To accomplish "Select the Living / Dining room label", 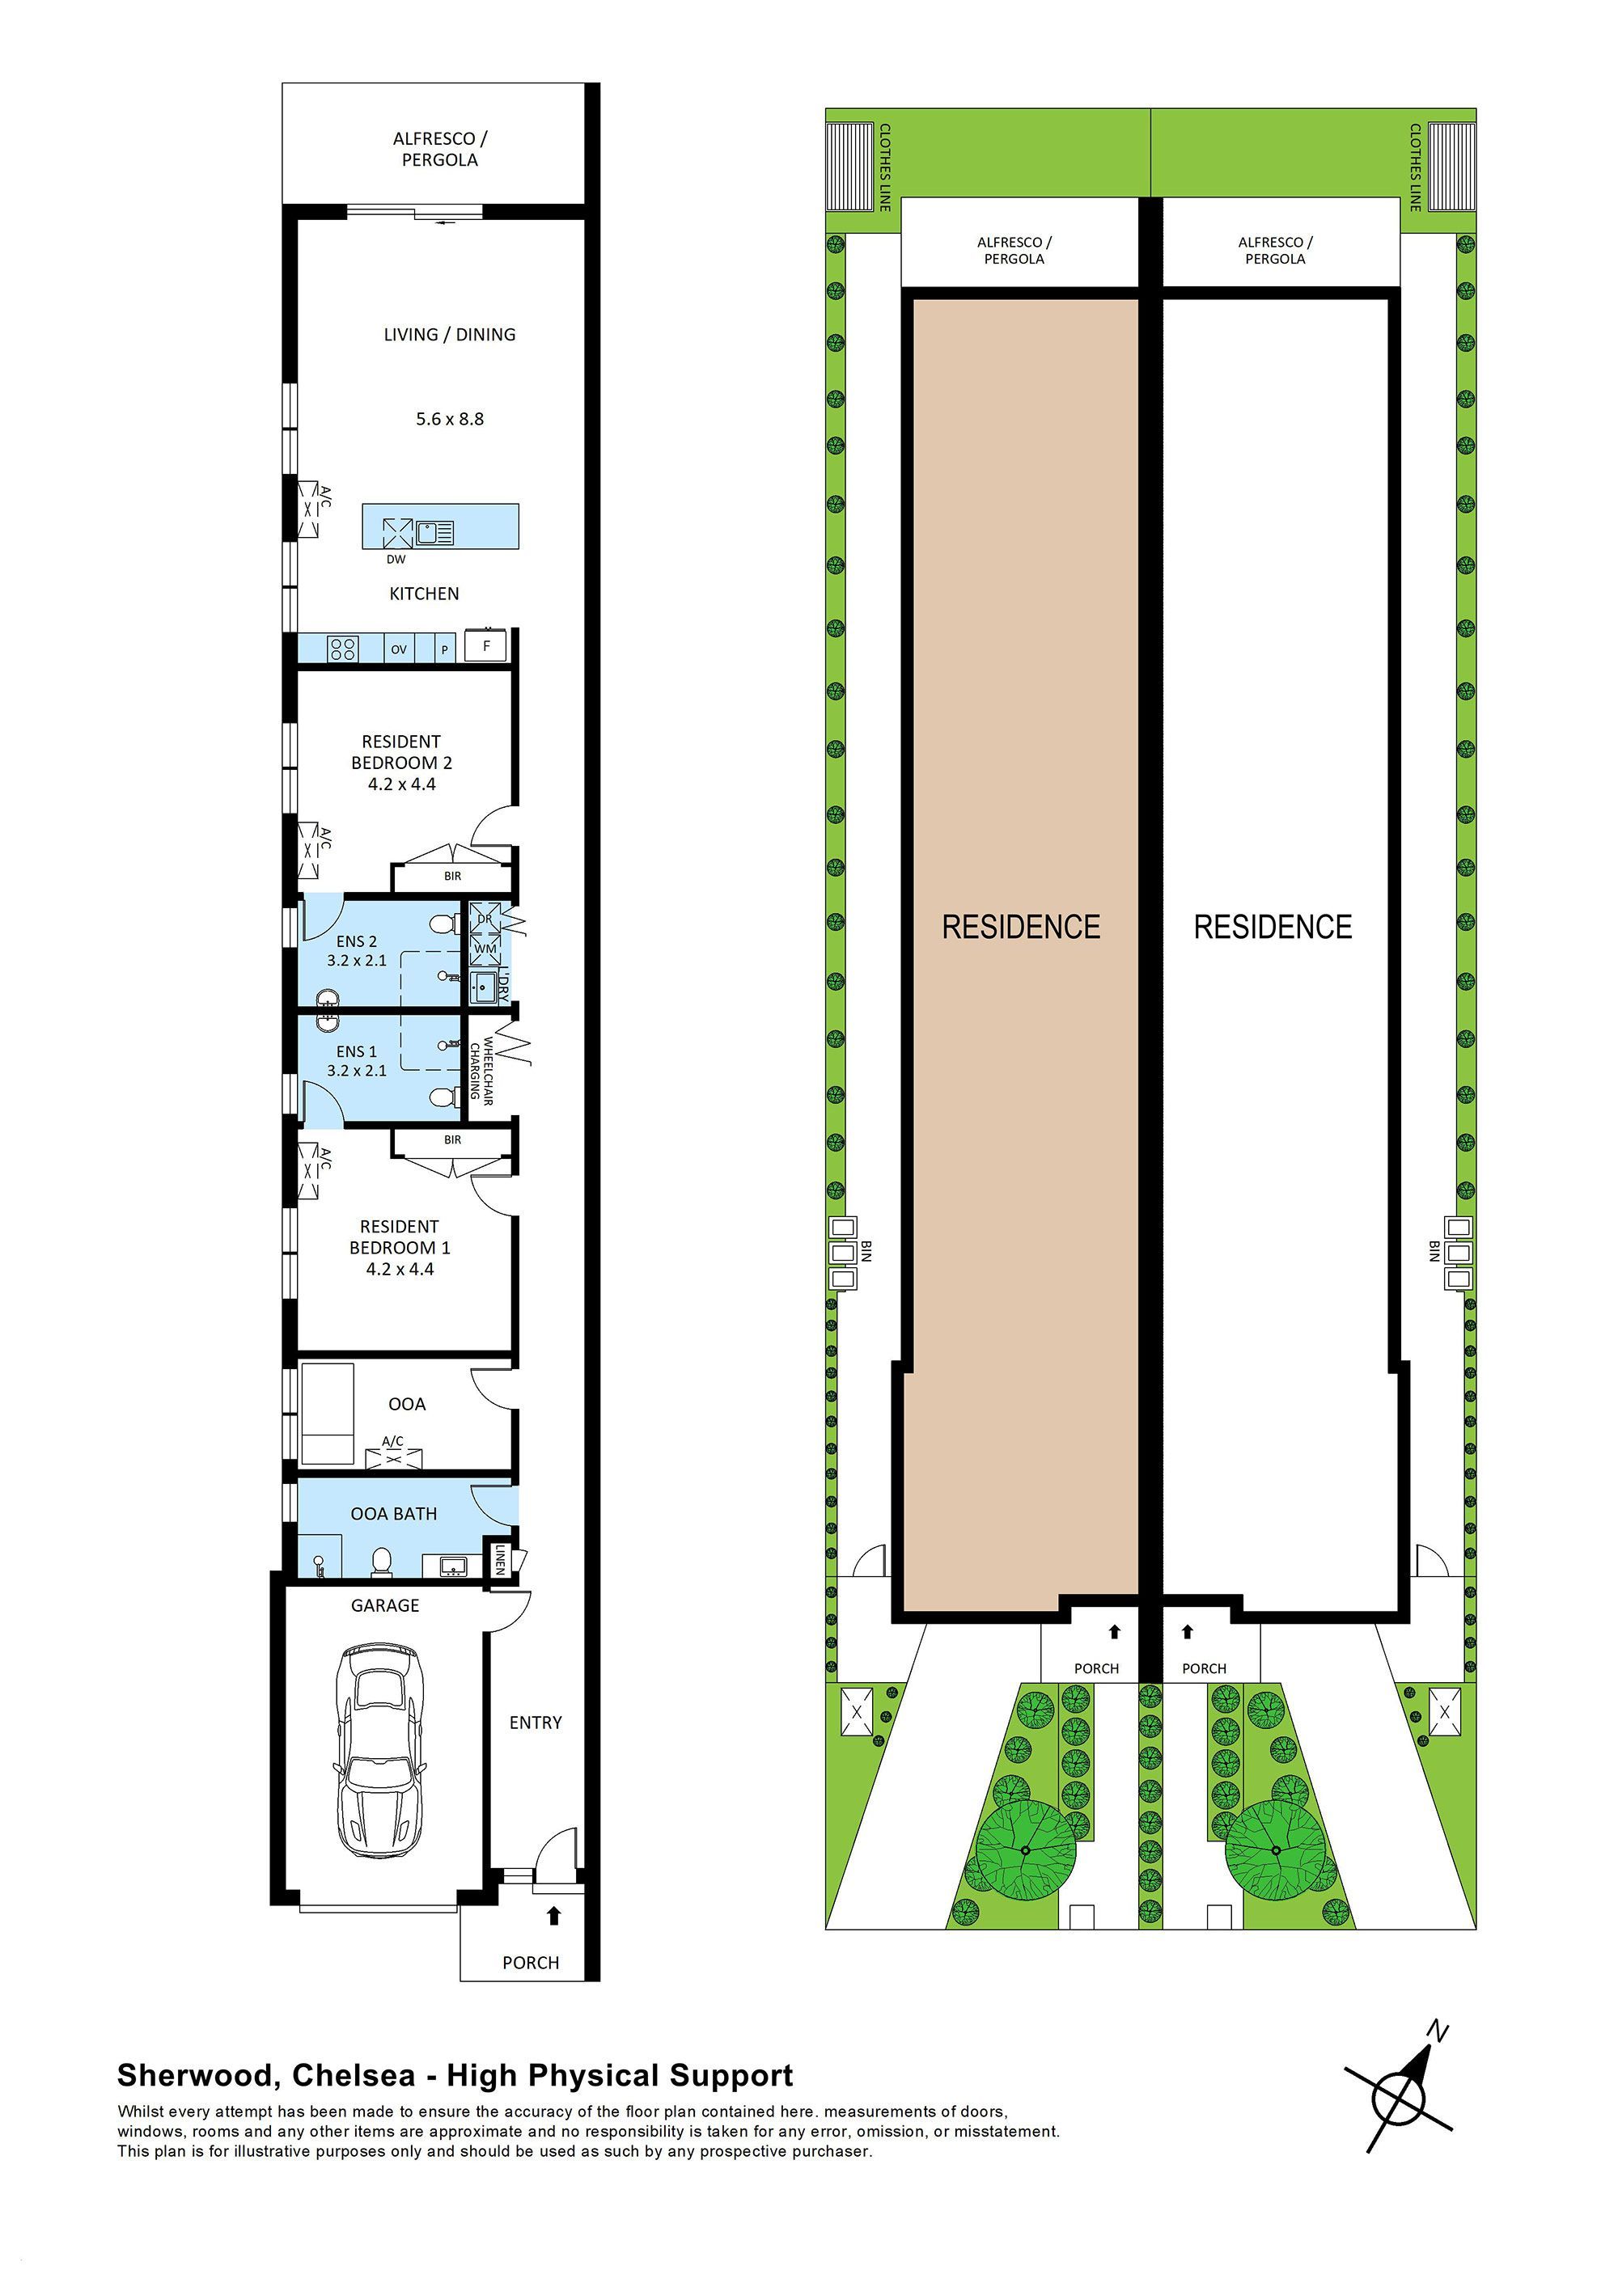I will tap(449, 335).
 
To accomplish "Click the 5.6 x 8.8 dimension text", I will tap(449, 420).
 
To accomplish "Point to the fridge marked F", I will tap(486, 645).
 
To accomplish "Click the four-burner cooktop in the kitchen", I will tap(343, 649).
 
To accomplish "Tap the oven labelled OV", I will tap(399, 649).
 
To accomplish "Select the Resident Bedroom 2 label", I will tap(400, 762).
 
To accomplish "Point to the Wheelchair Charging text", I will tap(482, 1071).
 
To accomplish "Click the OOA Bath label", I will tap(393, 1514).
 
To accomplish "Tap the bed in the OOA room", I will tap(328, 1414).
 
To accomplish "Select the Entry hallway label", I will tap(535, 1723).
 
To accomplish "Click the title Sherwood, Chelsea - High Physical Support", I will tap(455, 2075).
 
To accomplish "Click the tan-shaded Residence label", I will tap(1021, 928).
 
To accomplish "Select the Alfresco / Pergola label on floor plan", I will tap(439, 150).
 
